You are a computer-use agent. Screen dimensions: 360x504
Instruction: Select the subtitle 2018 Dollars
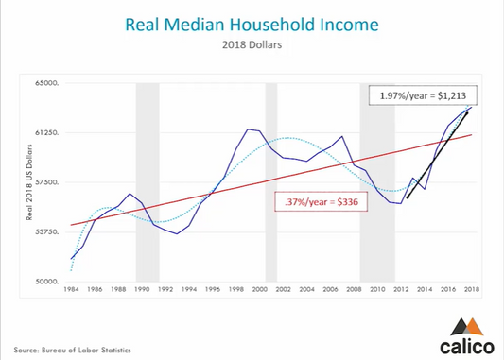coord(252,44)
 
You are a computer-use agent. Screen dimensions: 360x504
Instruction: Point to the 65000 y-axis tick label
coord(46,83)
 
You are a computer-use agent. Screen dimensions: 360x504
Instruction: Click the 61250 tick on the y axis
coord(46,133)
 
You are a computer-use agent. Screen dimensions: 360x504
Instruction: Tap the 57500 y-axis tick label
coord(46,182)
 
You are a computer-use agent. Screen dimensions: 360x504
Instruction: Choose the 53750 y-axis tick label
coord(46,232)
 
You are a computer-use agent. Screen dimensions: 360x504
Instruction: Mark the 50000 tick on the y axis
coord(46,282)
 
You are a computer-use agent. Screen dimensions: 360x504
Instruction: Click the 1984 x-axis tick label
coord(72,289)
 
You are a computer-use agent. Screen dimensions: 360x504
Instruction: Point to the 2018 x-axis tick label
coord(470,289)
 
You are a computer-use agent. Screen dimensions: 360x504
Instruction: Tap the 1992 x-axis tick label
coord(165,289)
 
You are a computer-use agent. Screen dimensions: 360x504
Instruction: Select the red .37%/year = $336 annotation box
coord(322,201)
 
